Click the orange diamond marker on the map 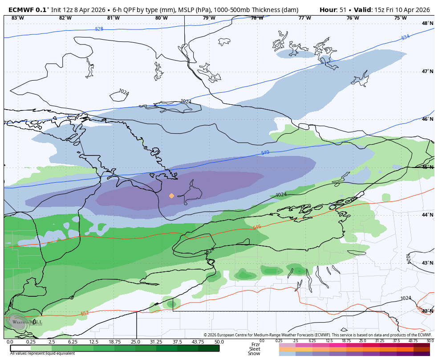coord(171,196)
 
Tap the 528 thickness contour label coord(99,29)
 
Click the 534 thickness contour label coord(405,37)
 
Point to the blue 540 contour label coord(265,153)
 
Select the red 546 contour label coord(257,227)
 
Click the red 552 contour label coord(85,313)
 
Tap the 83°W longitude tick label coord(17,18)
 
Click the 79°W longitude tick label coord(209,18)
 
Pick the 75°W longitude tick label coord(400,18)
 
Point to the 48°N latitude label coord(427,23)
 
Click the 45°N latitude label coord(427,167)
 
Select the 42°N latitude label coord(427,311)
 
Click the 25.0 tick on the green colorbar coord(135,342)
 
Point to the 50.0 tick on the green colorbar coord(219,342)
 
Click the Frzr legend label coord(255,344)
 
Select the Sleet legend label coord(255,349)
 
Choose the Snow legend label coord(255,353)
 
